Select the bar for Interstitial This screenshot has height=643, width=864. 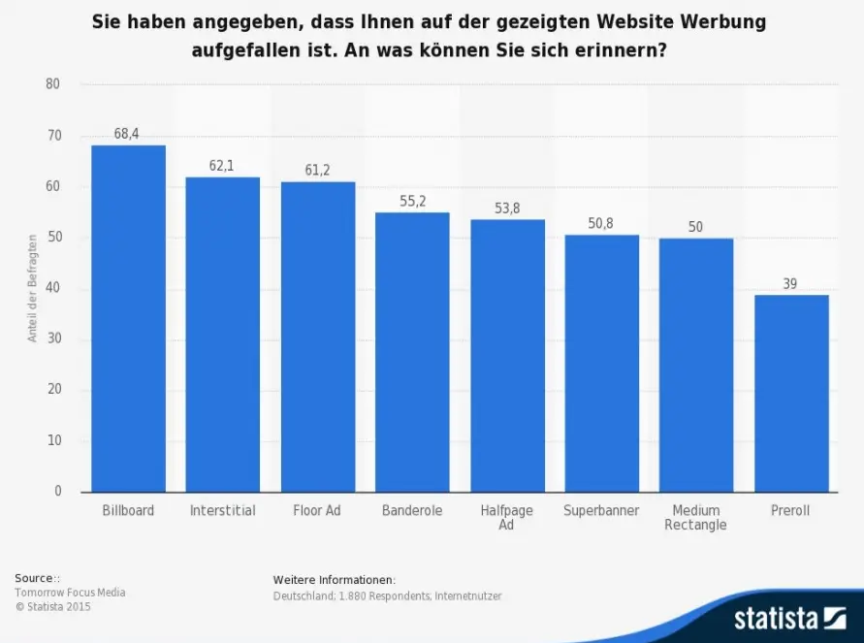point(222,335)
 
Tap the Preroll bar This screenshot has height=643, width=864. point(791,393)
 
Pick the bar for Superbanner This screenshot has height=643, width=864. point(601,363)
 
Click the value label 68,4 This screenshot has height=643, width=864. point(127,134)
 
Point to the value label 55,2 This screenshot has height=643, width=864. point(412,202)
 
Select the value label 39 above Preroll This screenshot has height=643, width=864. point(791,283)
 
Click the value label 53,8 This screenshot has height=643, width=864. point(507,209)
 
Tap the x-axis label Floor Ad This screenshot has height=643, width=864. point(317,510)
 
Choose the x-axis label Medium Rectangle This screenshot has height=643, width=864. point(696,518)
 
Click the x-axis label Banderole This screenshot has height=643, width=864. point(412,510)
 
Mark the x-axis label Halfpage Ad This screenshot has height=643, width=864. point(507,518)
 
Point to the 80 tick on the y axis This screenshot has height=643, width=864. point(53,84)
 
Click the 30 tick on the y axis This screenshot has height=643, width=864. point(53,339)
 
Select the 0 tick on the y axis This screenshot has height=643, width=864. point(57,492)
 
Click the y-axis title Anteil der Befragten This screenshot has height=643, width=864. point(32,288)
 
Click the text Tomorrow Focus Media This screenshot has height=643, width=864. point(70,593)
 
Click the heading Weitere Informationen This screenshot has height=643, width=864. point(334,579)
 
